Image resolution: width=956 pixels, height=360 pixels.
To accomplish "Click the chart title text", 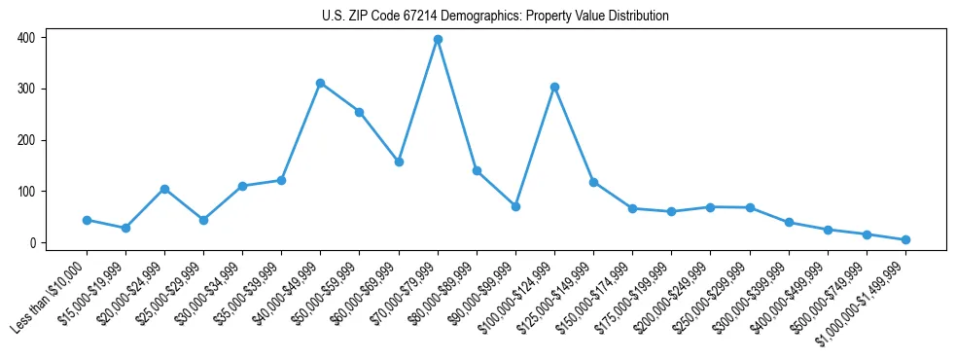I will [495, 17].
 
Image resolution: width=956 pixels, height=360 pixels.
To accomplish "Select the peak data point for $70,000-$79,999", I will [438, 39].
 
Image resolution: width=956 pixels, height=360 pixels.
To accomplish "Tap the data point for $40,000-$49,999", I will [320, 83].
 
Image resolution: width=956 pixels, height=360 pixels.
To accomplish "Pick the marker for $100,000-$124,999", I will [554, 87].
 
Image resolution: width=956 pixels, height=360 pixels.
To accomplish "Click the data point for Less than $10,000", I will [87, 220].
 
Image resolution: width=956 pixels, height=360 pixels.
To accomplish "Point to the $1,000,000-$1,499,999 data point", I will [905, 239].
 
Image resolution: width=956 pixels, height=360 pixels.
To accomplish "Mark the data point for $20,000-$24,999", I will [164, 189].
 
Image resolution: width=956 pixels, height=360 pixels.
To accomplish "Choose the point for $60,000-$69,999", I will [399, 162].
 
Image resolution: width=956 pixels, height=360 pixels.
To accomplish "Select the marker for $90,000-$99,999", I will [515, 206].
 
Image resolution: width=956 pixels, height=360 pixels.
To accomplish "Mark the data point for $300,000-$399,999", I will [789, 222].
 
